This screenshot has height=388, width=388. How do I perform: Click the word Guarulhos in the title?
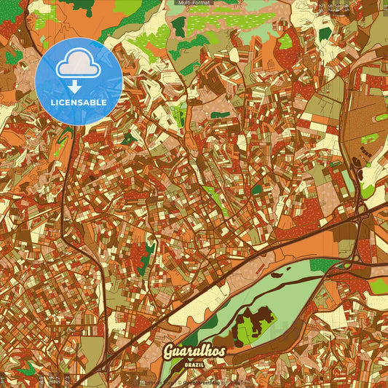pos(194,352)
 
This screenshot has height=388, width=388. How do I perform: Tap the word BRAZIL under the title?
pos(194,363)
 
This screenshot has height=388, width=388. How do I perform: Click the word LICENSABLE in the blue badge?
pos(79,103)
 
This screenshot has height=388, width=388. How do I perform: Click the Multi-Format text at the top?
pos(194,3)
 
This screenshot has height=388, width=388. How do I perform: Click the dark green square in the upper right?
pos(324,33)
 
